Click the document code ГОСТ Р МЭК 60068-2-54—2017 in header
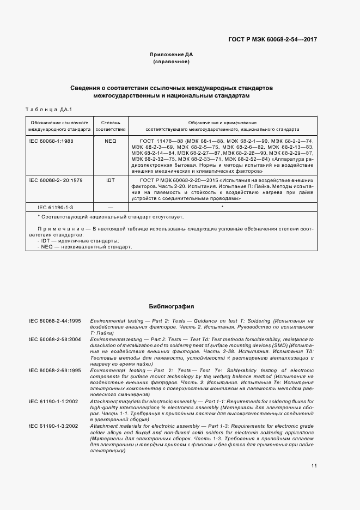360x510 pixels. [x=273, y=40]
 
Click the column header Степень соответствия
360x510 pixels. [x=111, y=126]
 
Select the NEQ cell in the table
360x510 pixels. [x=111, y=141]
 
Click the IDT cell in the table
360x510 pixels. [x=111, y=180]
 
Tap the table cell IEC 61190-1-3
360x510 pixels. [x=55, y=208]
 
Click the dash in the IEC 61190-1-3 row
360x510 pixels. [x=111, y=208]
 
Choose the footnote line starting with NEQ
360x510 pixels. [x=84, y=247]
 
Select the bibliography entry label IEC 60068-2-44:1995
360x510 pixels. [x=55, y=321]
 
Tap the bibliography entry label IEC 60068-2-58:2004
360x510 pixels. [x=55, y=339]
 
